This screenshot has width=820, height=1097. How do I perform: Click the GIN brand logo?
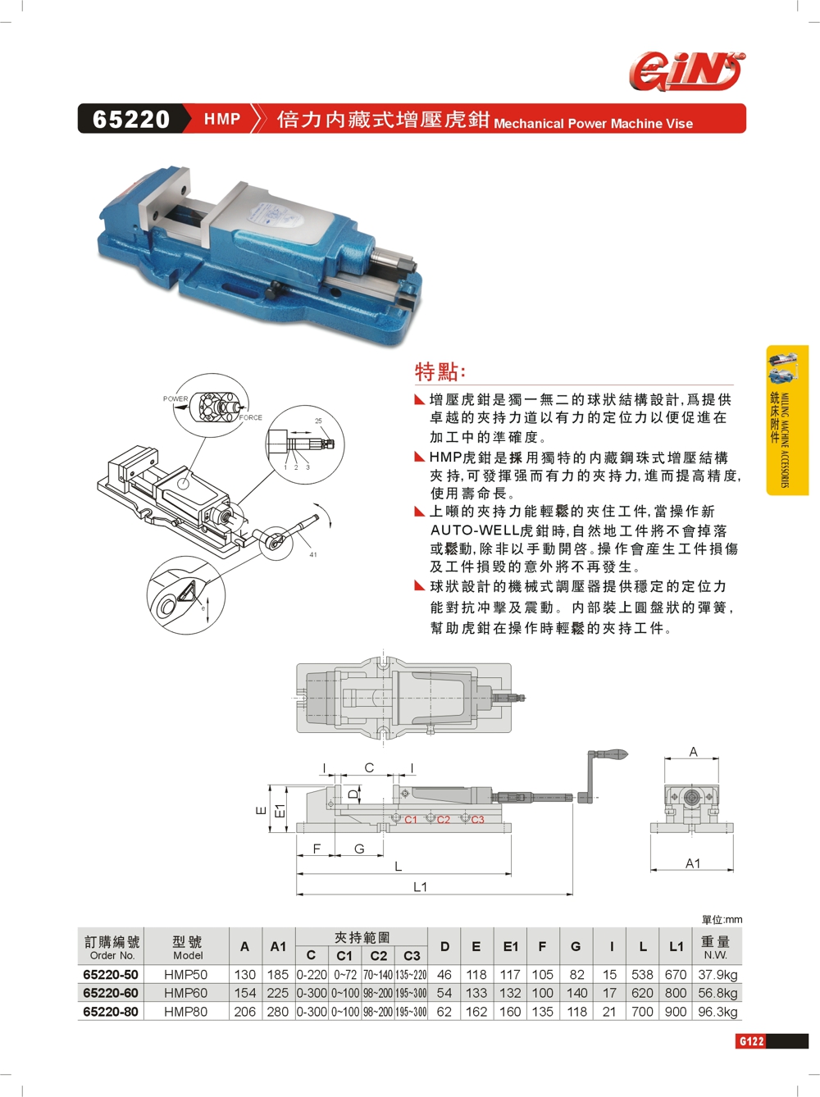coord(686,71)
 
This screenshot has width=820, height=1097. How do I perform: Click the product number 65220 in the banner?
coord(131,119)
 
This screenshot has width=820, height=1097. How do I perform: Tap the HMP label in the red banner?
coord(222,119)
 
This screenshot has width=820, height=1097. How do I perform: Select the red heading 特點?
coord(440,372)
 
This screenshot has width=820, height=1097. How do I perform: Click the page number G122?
coord(750,1041)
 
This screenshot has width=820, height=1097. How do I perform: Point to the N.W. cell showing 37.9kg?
coord(717,975)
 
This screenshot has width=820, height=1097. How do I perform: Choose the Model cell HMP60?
coord(185,993)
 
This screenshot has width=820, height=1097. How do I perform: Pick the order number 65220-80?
coord(111,1012)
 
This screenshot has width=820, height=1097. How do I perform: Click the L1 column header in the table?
coord(676,946)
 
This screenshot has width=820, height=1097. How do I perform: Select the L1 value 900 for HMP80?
coord(676,1012)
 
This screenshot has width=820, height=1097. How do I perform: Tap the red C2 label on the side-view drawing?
coord(444,820)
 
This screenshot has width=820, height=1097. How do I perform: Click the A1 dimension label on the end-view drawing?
coord(693,863)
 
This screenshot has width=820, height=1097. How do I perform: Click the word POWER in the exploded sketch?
coord(175,398)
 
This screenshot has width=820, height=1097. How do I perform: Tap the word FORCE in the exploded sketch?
coord(251,417)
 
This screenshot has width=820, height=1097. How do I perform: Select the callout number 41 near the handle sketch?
coord(313,554)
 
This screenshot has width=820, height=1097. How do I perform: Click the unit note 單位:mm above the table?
coord(722,920)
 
